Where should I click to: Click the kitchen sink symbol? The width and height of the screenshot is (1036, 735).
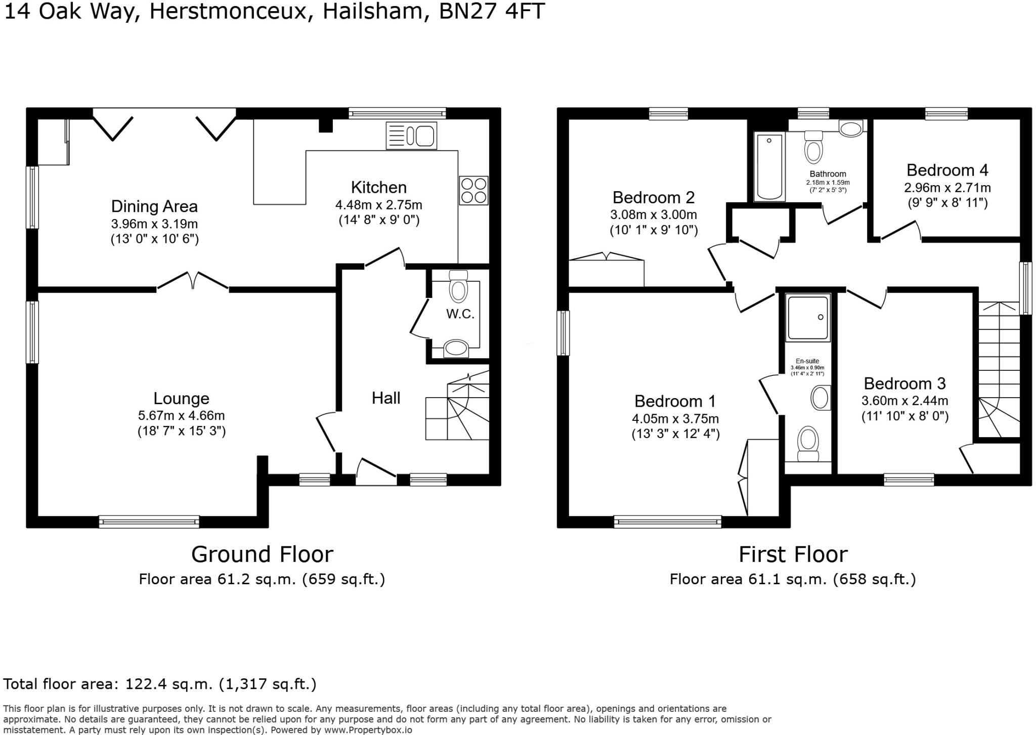pos(411,135)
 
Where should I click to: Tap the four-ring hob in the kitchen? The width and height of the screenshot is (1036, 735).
pos(473,190)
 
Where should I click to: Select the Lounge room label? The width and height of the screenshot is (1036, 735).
pos(181,398)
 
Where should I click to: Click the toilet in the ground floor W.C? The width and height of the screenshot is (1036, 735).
pos(459,288)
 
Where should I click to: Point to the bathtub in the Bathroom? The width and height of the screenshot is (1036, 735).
pos(769,167)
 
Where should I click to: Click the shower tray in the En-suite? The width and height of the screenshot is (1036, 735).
pos(808,317)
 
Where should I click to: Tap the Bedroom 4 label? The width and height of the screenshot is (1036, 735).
pos(947,170)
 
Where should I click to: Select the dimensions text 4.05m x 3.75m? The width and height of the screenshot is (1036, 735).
pos(675,419)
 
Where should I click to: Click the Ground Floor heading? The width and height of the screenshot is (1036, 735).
pos(262,554)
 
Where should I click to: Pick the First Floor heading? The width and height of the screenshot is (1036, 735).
pos(793,554)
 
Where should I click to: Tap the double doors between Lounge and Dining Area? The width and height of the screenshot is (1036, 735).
pos(193,281)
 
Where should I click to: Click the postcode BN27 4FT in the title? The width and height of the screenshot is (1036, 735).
pos(492,11)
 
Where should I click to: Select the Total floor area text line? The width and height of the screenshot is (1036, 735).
pos(160,684)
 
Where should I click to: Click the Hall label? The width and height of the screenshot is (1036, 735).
pos(386,398)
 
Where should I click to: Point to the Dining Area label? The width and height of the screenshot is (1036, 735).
pos(154,206)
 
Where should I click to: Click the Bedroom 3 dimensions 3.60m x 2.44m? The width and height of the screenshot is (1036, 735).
pos(904,401)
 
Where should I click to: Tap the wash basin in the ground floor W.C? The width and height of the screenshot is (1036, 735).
pos(456,349)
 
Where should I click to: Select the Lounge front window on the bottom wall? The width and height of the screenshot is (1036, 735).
pos(149,522)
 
